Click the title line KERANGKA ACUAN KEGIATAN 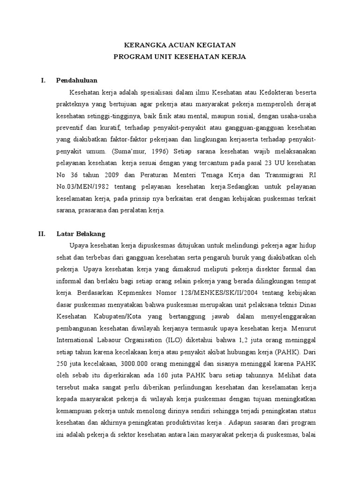(180, 45)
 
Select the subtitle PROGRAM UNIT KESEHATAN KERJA (180, 57)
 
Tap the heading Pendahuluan (76, 80)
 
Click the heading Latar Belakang (81, 233)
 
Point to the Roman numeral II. (42, 233)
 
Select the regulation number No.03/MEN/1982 (78, 187)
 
